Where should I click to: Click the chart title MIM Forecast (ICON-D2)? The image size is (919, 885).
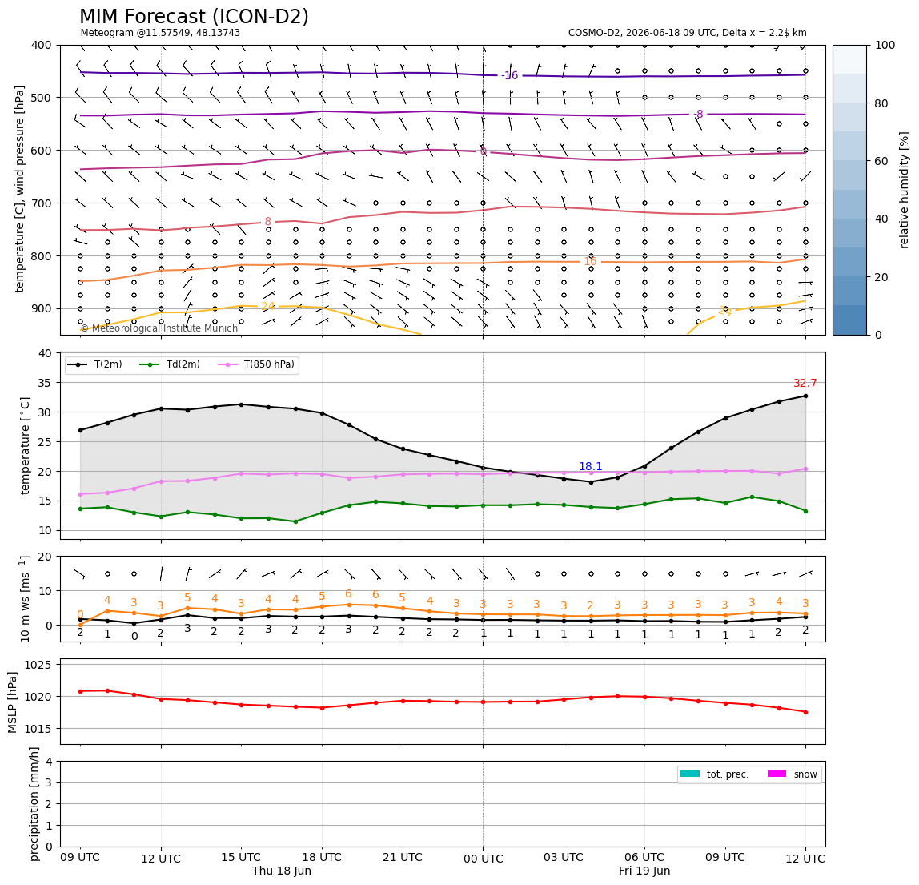194,17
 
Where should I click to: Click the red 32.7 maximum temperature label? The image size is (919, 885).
805,383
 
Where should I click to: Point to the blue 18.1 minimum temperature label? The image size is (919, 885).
590,466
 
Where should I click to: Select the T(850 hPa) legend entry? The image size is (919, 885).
257,364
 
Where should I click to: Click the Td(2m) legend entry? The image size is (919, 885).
170,364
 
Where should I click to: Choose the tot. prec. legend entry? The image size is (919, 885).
714,774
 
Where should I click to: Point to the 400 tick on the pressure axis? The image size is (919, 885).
42,45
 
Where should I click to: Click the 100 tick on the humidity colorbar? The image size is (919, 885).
885,45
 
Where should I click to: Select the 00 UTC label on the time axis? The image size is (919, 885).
483,859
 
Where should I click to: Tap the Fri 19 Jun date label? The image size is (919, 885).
644,871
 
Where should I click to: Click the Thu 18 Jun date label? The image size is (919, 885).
281,871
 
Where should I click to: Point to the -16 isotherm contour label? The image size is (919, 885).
509,75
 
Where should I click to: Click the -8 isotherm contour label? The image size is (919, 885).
697,114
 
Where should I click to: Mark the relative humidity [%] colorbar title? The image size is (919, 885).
905,190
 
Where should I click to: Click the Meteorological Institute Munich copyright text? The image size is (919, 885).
159,328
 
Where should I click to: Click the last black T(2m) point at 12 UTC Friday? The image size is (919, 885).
805,396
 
